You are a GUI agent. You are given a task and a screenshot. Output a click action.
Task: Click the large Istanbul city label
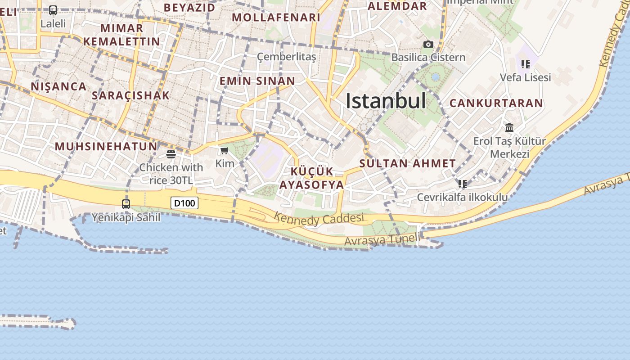386,100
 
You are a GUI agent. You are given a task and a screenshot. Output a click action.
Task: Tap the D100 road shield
184,203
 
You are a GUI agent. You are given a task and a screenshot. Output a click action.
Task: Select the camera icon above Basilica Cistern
428,44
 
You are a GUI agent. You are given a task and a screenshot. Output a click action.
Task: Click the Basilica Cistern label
428,57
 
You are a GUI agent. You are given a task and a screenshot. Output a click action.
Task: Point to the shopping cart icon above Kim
224,150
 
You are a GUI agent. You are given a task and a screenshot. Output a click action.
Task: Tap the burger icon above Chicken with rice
171,154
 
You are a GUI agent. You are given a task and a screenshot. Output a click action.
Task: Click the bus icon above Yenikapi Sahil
126,204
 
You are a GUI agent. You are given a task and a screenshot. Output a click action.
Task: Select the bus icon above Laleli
53,10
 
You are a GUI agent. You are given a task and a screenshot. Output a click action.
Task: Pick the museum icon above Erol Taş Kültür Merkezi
509,128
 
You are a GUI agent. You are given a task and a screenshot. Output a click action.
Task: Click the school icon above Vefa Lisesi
525,64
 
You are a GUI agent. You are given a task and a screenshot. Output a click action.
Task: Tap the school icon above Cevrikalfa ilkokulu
462,184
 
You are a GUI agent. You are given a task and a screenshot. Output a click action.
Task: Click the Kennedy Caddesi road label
319,219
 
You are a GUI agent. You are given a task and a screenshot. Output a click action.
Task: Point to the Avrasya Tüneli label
382,239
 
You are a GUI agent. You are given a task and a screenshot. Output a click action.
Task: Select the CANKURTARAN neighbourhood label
496,103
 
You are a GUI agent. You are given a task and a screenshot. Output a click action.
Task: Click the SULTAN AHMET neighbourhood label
408,163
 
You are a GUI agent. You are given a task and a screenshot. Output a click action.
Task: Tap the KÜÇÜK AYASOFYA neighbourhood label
312,178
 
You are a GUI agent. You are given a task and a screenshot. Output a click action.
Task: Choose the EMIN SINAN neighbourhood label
257,81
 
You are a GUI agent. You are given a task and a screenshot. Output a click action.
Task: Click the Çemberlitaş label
286,57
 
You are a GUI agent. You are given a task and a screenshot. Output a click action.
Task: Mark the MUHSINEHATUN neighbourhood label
106,146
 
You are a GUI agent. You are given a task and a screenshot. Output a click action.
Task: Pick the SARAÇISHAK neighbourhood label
130,95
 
